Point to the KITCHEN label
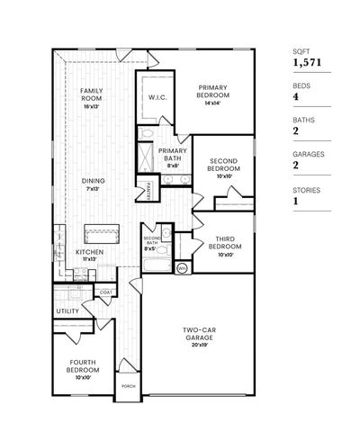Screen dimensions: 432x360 pos(89,253)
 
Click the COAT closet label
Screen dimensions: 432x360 pos(105,292)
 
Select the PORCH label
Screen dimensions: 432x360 pos(129,386)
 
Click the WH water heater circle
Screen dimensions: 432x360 pos(181,267)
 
